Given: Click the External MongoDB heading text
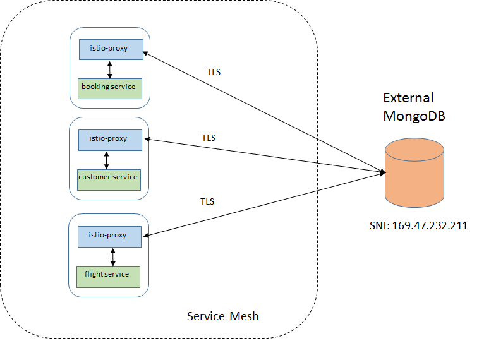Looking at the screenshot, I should (x=409, y=107).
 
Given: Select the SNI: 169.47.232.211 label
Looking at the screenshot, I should (x=418, y=225).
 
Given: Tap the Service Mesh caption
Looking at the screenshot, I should (x=222, y=316).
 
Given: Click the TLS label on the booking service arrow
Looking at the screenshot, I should (x=214, y=72).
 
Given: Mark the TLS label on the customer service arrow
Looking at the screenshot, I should (x=209, y=137).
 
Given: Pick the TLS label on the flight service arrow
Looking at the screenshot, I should (x=207, y=201).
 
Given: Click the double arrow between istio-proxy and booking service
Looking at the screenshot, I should (x=110, y=69).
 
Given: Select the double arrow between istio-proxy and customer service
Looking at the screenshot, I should (x=107, y=159).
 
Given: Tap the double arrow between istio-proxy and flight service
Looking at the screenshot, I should (x=112, y=256).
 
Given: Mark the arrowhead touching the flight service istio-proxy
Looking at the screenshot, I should (x=147, y=236).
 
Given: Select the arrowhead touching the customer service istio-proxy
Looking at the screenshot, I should (x=148, y=140).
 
